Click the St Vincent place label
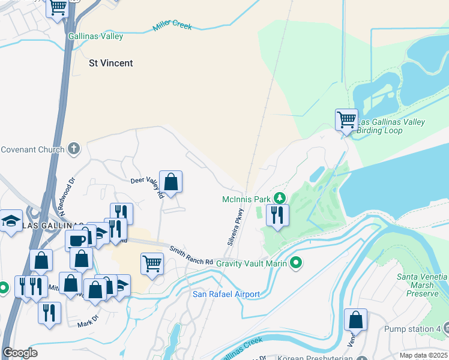click(110, 63)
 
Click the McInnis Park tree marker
click(279, 198)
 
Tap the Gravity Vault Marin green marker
click(296, 263)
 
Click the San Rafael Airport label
click(226, 294)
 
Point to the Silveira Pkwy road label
click(237, 227)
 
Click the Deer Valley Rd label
click(148, 187)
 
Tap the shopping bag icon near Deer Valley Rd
click(171, 181)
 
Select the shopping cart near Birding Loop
click(346, 119)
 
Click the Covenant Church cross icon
click(74, 149)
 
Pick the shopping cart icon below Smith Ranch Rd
click(152, 263)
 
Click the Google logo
click(19, 353)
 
